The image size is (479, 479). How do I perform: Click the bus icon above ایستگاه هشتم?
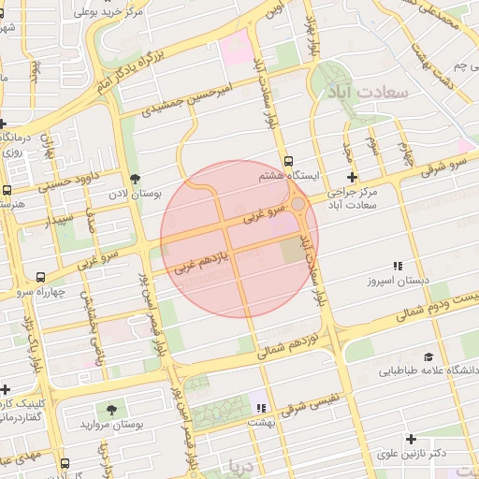point(288,160)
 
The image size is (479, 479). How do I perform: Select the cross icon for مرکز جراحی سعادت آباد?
point(352,177)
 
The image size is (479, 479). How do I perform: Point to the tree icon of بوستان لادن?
point(136,178)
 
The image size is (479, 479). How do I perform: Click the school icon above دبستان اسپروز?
point(398,266)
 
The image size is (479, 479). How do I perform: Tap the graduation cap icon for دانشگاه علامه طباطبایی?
point(428,356)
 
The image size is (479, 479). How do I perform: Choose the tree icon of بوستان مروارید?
point(111,410)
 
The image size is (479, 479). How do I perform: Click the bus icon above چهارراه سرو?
point(40,277)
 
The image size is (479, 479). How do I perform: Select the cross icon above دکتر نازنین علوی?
point(410,439)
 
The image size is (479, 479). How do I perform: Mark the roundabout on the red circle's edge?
point(298,204)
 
